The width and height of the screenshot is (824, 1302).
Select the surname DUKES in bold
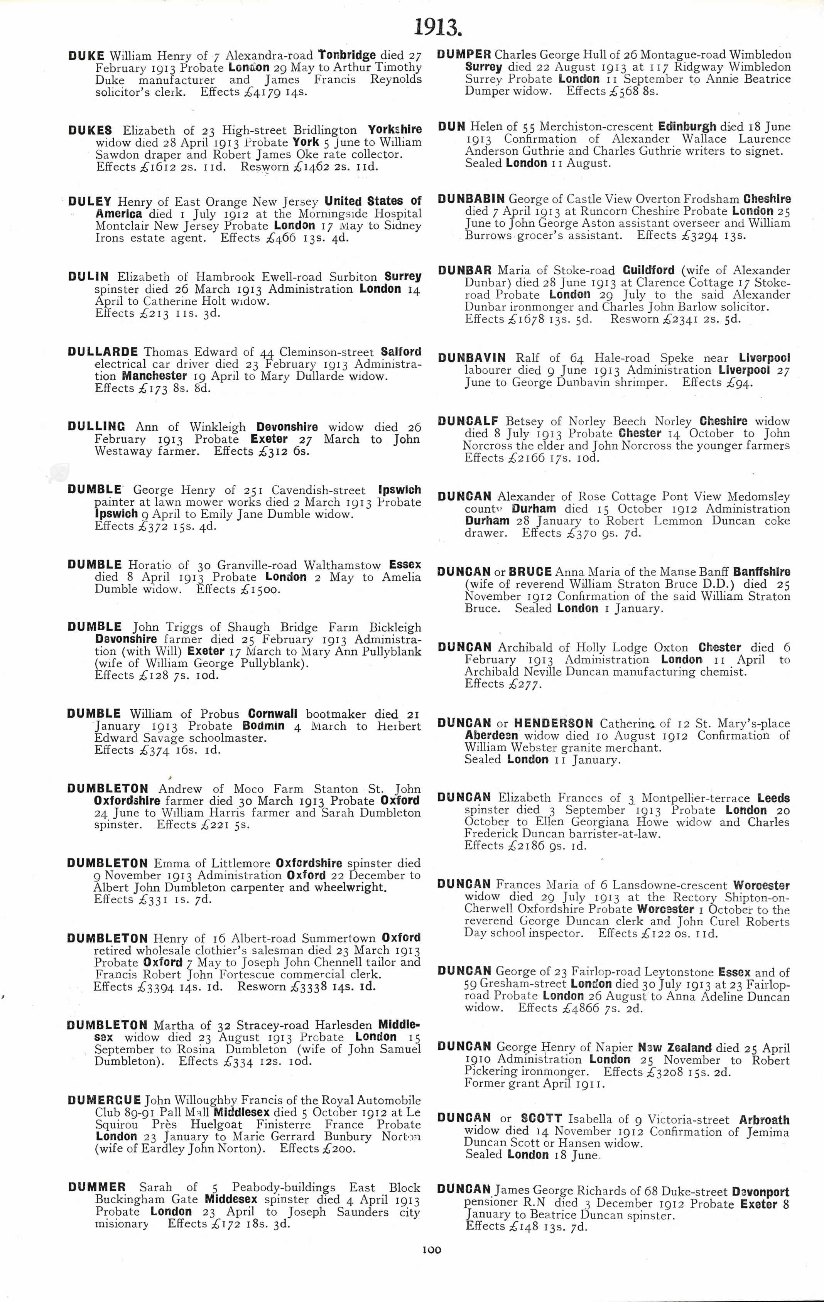(90, 130)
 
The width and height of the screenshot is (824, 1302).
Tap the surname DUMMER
(97, 1187)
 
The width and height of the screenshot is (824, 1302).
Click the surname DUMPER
(464, 55)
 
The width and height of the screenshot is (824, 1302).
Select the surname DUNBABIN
(471, 199)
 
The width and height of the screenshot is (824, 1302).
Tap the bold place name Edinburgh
(687, 127)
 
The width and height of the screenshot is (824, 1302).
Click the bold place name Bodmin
(263, 725)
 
